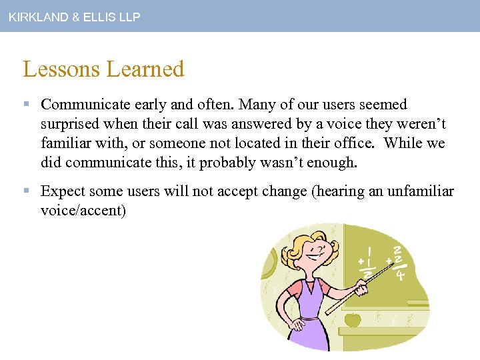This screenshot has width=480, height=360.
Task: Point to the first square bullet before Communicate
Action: [x=27, y=105]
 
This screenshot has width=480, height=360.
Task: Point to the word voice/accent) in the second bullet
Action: [x=83, y=211]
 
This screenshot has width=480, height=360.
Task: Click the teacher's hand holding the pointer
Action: [x=361, y=289]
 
